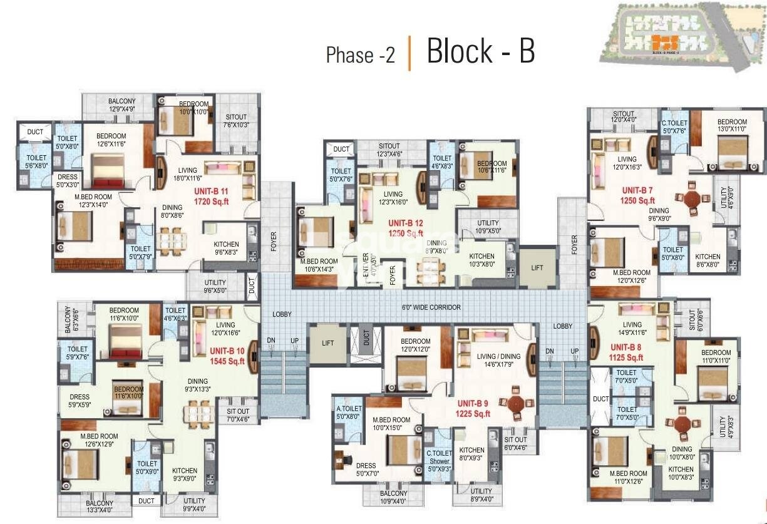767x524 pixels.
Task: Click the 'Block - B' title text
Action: click(480, 51)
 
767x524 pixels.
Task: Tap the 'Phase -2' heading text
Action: click(361, 55)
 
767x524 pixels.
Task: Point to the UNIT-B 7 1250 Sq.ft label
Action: click(637, 195)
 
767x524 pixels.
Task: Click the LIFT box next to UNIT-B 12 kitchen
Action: click(537, 267)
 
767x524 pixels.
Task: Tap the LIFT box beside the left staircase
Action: click(328, 343)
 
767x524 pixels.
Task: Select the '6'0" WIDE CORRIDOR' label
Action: click(431, 307)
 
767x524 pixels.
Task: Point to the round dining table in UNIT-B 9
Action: click(517, 402)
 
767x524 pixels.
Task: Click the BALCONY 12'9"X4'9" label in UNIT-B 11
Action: click(121, 105)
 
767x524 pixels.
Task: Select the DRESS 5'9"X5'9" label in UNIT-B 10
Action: click(80, 401)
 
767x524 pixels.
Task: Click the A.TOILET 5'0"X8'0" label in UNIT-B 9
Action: click(349, 412)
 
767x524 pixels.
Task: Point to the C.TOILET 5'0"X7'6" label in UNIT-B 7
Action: click(675, 126)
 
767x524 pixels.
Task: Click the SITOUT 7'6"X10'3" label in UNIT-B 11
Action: click(235, 121)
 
